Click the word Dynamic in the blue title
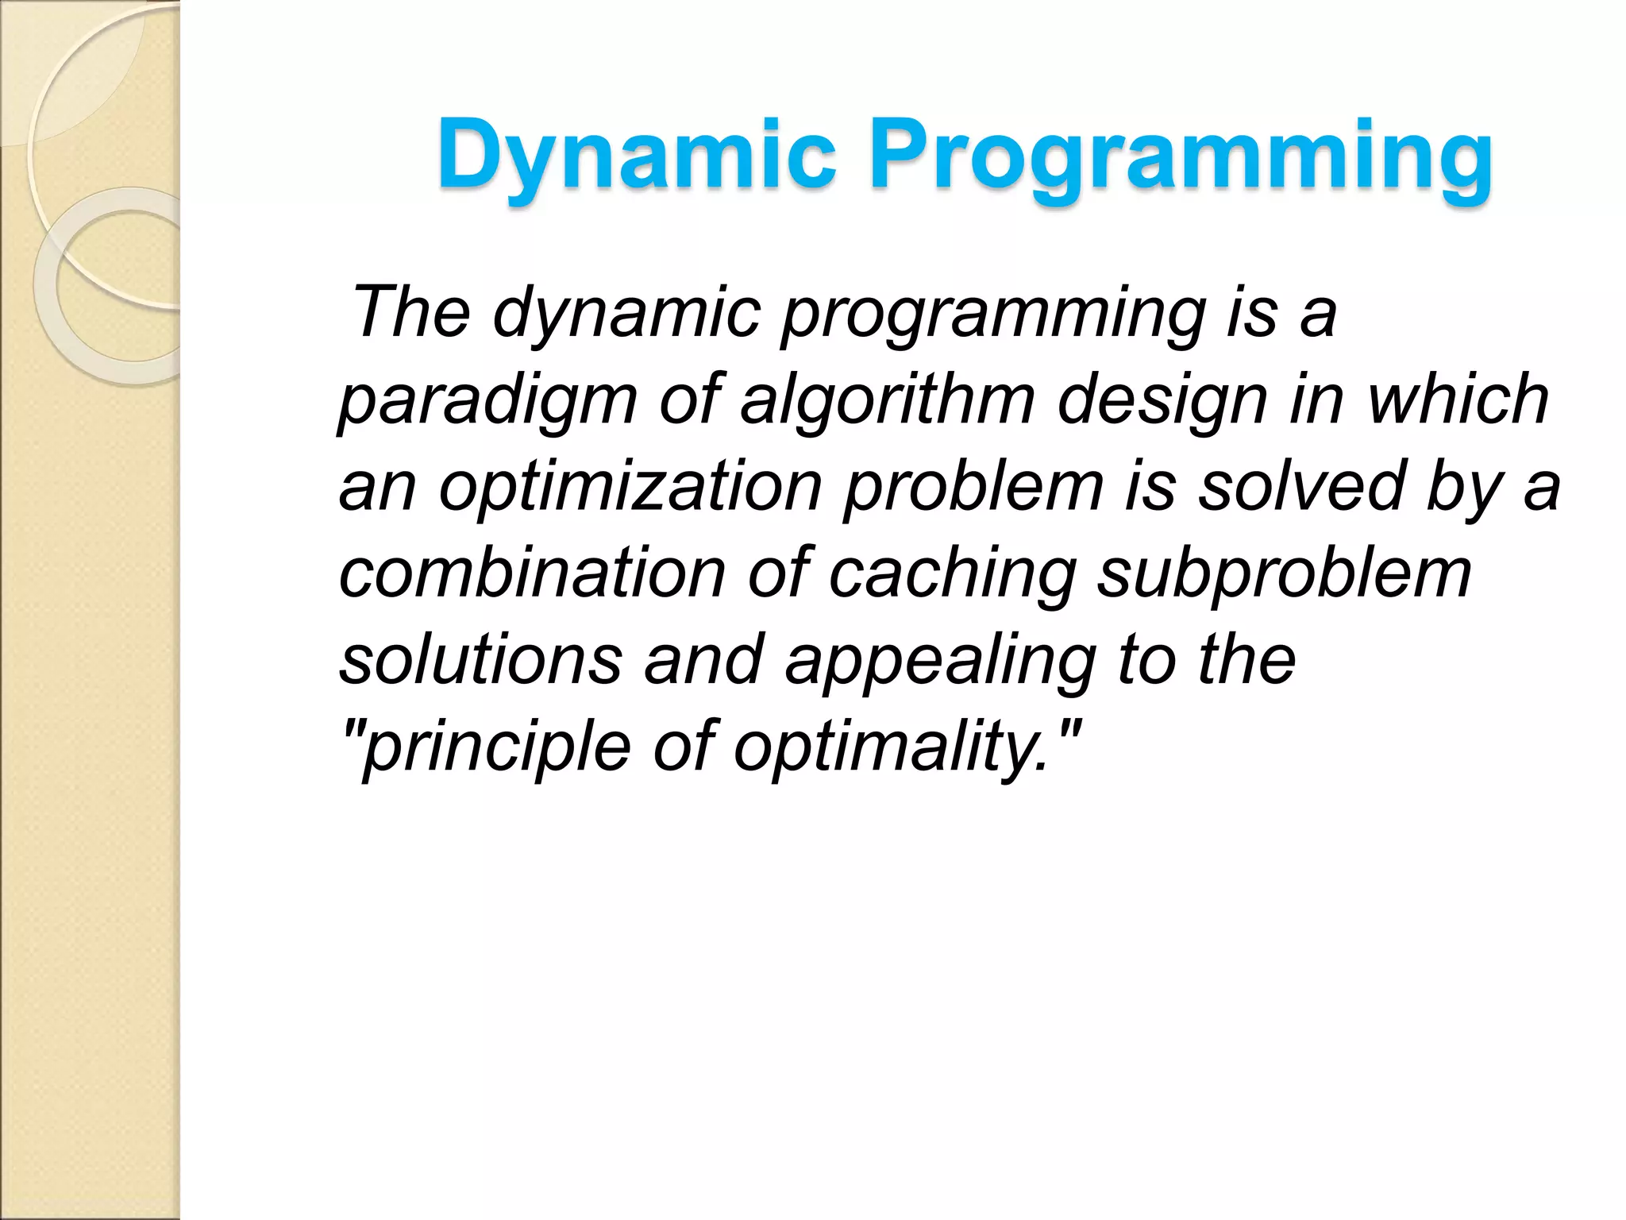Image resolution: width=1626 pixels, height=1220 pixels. tap(635, 155)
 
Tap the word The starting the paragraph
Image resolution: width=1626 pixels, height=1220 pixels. tap(410, 312)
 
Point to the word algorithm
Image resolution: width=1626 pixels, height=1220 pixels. tap(887, 400)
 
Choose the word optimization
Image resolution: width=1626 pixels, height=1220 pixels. tap(630, 487)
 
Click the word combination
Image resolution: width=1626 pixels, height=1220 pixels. tap(532, 573)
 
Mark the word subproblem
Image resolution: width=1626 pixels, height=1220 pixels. tap(1284, 574)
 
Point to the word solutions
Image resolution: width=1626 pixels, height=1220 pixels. tap(481, 659)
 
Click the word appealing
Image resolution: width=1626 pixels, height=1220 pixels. tap(940, 661)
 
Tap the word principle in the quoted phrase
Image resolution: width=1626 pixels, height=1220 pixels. tap(497, 747)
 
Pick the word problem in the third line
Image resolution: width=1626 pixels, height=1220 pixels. tap(973, 487)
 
